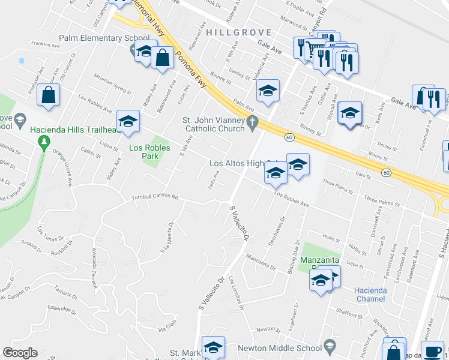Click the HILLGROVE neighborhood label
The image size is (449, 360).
(239, 32)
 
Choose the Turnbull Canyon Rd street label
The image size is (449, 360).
(155, 197)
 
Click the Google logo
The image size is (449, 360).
(20, 352)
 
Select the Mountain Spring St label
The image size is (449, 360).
(112, 84)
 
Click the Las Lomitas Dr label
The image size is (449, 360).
(235, 295)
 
